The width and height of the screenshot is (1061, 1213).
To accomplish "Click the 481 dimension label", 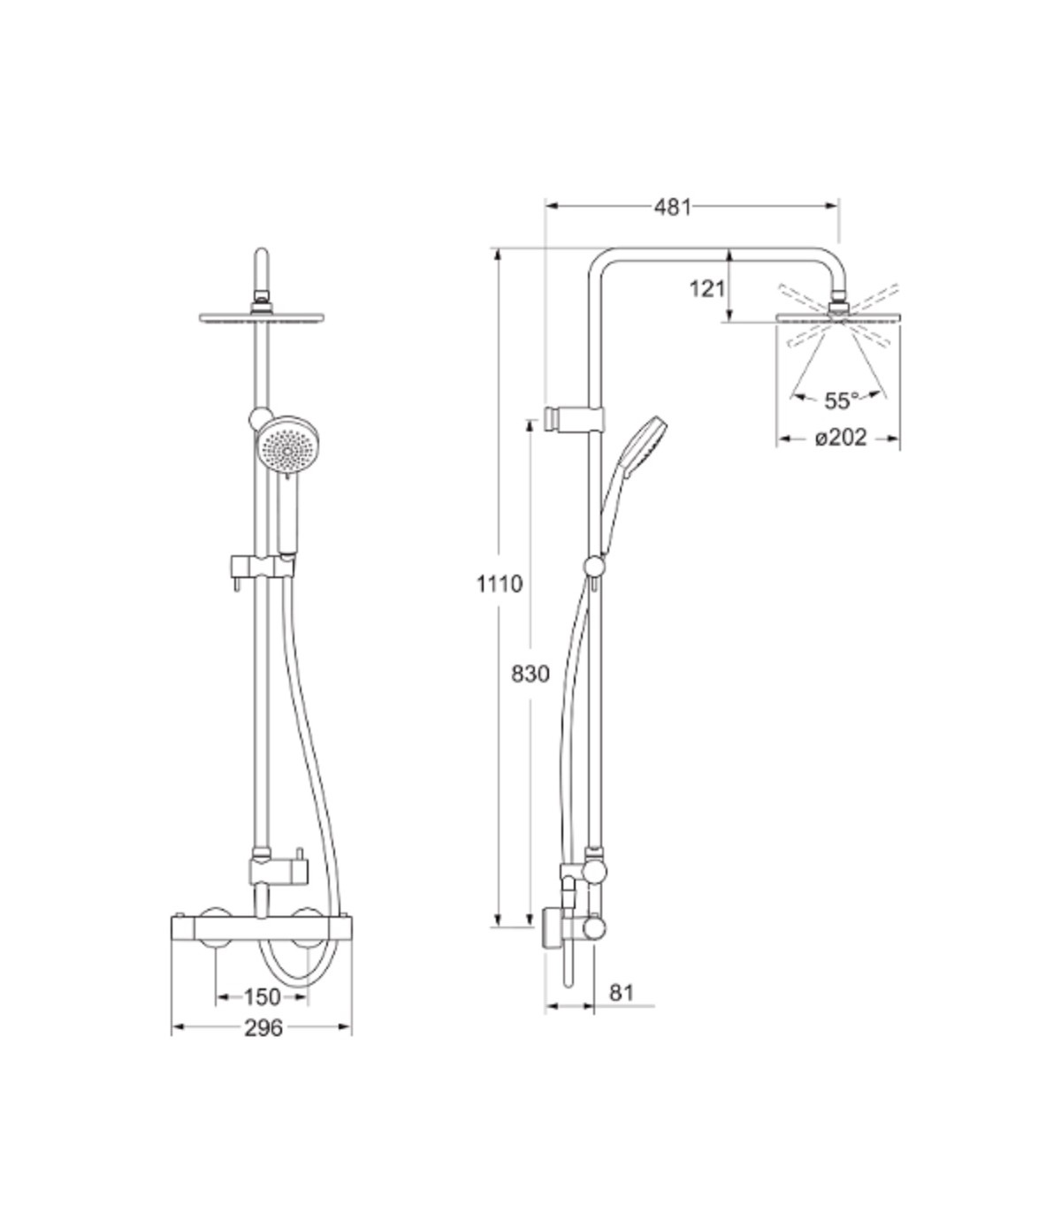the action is coord(673,208).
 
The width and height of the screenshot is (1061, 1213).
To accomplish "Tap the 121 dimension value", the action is coord(707,289).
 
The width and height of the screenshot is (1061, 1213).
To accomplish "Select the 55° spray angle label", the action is coord(841,401).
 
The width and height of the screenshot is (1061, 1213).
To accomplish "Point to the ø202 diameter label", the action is coord(841,439).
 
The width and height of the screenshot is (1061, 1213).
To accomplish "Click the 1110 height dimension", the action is coord(500,584).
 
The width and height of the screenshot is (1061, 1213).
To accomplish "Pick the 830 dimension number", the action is coord(530,674).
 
